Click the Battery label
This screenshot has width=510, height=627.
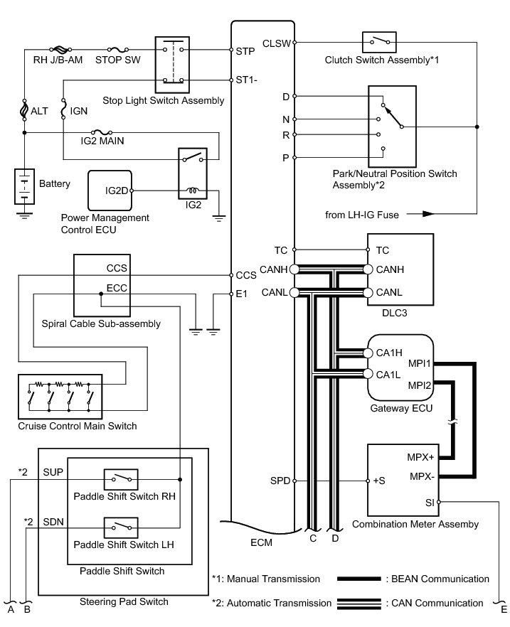(x=55, y=184)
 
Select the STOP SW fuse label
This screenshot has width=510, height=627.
(x=110, y=61)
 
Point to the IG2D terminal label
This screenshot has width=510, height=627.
(x=116, y=191)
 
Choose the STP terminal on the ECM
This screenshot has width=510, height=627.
(x=245, y=51)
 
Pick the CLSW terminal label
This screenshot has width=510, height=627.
(x=277, y=43)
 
